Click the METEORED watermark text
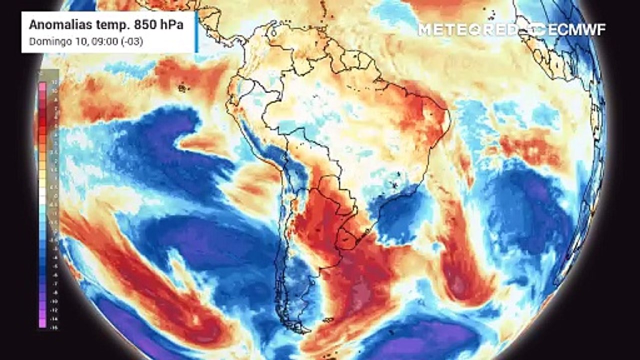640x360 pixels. (467, 29)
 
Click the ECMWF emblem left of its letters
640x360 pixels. (537, 29)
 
